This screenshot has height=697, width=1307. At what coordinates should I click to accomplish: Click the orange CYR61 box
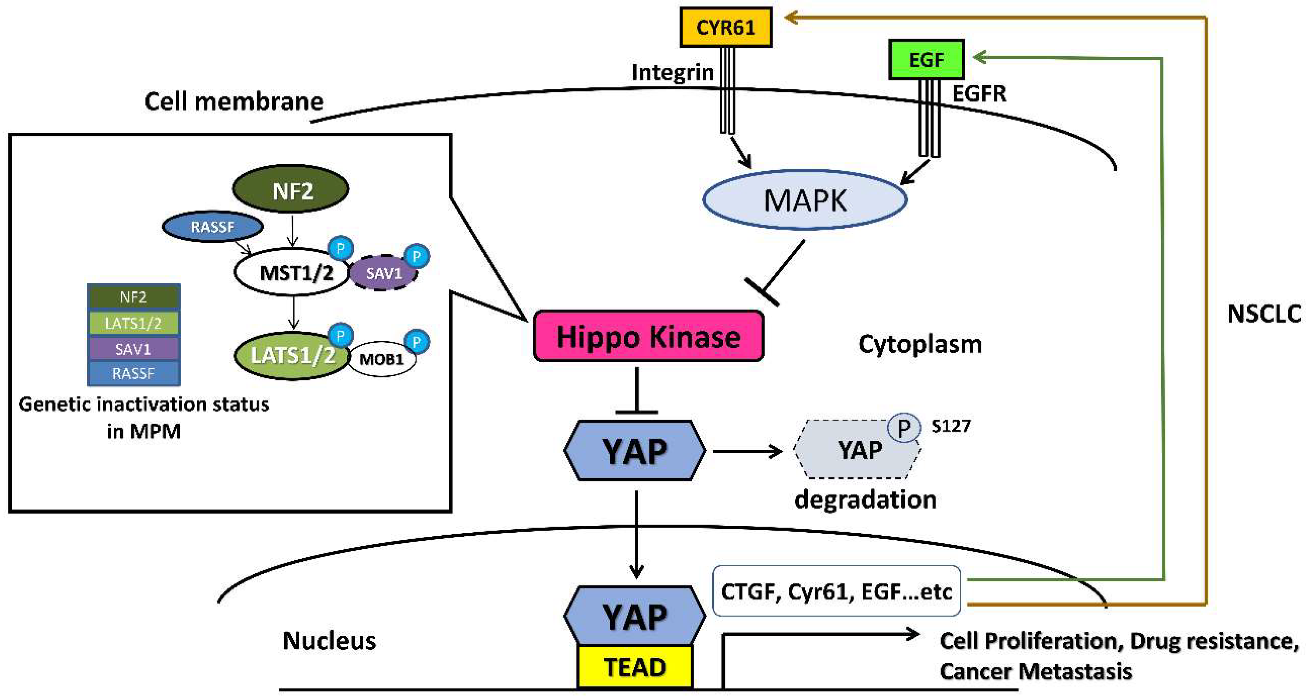(x=725, y=27)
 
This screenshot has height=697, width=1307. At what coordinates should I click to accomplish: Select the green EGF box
(x=926, y=60)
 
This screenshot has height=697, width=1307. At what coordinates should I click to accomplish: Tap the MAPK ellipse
(x=805, y=200)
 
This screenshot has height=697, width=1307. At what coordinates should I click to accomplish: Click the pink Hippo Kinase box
(x=648, y=336)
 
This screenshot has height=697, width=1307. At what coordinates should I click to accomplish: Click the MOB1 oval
(x=382, y=360)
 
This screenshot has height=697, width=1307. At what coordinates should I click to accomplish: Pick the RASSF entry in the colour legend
(x=134, y=374)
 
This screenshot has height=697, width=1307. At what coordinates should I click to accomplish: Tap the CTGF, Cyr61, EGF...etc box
(x=836, y=591)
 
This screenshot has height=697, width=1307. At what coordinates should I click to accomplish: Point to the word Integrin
(x=672, y=73)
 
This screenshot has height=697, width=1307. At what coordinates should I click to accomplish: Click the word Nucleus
(x=329, y=641)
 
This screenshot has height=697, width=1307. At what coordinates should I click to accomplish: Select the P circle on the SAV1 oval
(x=417, y=256)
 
